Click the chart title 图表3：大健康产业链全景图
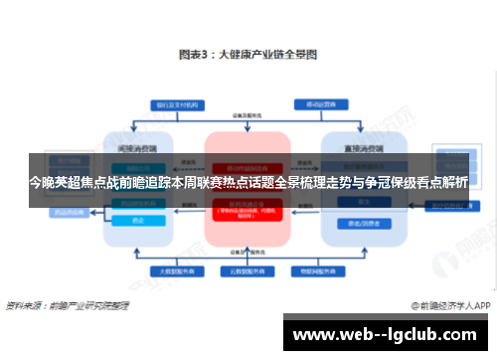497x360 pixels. pos(248,57)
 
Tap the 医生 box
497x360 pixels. pos(353,201)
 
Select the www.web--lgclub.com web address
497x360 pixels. pos(387,332)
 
